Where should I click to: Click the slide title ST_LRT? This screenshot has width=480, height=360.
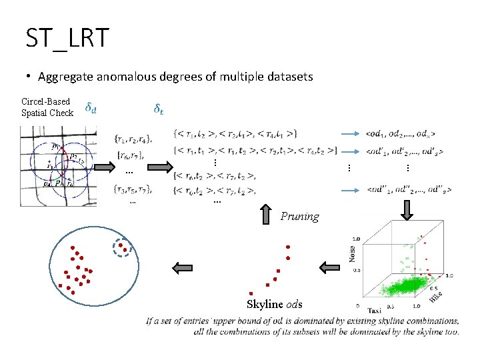tap(67, 39)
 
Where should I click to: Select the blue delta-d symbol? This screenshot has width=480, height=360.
tap(91, 107)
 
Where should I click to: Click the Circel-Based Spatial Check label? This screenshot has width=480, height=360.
tap(46, 107)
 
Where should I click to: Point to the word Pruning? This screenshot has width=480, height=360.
tap(299, 216)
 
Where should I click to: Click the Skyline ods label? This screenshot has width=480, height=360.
tap(274, 304)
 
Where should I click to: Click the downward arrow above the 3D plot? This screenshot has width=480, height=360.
tap(406, 209)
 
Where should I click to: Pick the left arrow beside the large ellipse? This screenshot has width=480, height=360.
tap(182, 268)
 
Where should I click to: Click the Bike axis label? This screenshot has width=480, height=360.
tap(435, 294)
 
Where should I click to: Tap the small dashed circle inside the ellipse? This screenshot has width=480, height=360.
tap(122, 248)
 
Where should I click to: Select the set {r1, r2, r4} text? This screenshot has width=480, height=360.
tap(133, 139)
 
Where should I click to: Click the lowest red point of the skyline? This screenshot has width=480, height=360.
tap(251, 293)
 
